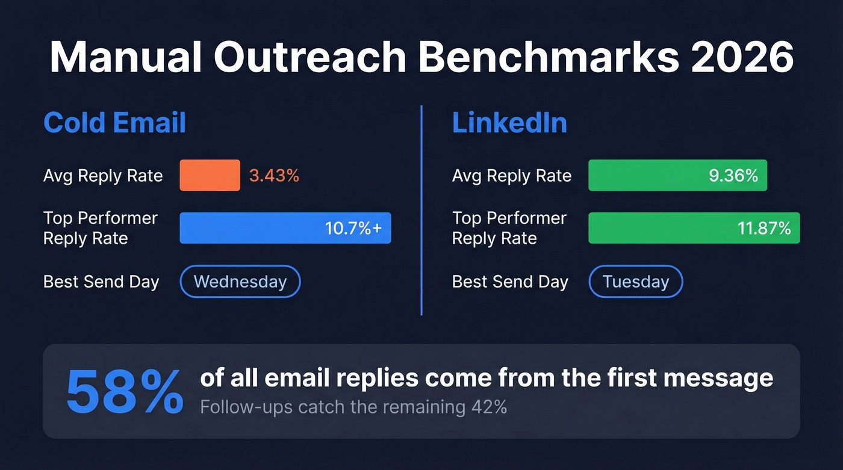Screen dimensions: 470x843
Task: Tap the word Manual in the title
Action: [125, 58]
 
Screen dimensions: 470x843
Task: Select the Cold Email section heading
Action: [114, 123]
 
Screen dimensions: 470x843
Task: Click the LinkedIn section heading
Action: [509, 123]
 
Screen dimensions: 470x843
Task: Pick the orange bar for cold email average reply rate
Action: [210, 175]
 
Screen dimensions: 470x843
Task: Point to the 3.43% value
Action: [274, 176]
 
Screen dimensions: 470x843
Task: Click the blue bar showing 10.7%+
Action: [285, 228]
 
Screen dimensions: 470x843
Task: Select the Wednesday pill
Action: [240, 282]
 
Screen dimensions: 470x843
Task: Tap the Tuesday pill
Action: [635, 282]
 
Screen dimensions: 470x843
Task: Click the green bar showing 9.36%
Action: [677, 175]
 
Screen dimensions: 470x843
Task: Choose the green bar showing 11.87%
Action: [693, 228]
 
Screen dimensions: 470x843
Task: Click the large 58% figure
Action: [124, 392]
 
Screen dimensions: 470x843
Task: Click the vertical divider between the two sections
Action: [421, 211]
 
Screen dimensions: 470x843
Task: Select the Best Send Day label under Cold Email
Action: [101, 282]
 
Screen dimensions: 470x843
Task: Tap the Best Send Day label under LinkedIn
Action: [510, 282]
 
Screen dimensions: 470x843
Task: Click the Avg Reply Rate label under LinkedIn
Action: [511, 176]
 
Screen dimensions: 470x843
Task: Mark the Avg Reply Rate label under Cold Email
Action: [103, 176]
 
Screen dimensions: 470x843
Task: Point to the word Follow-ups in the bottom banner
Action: [238, 407]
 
